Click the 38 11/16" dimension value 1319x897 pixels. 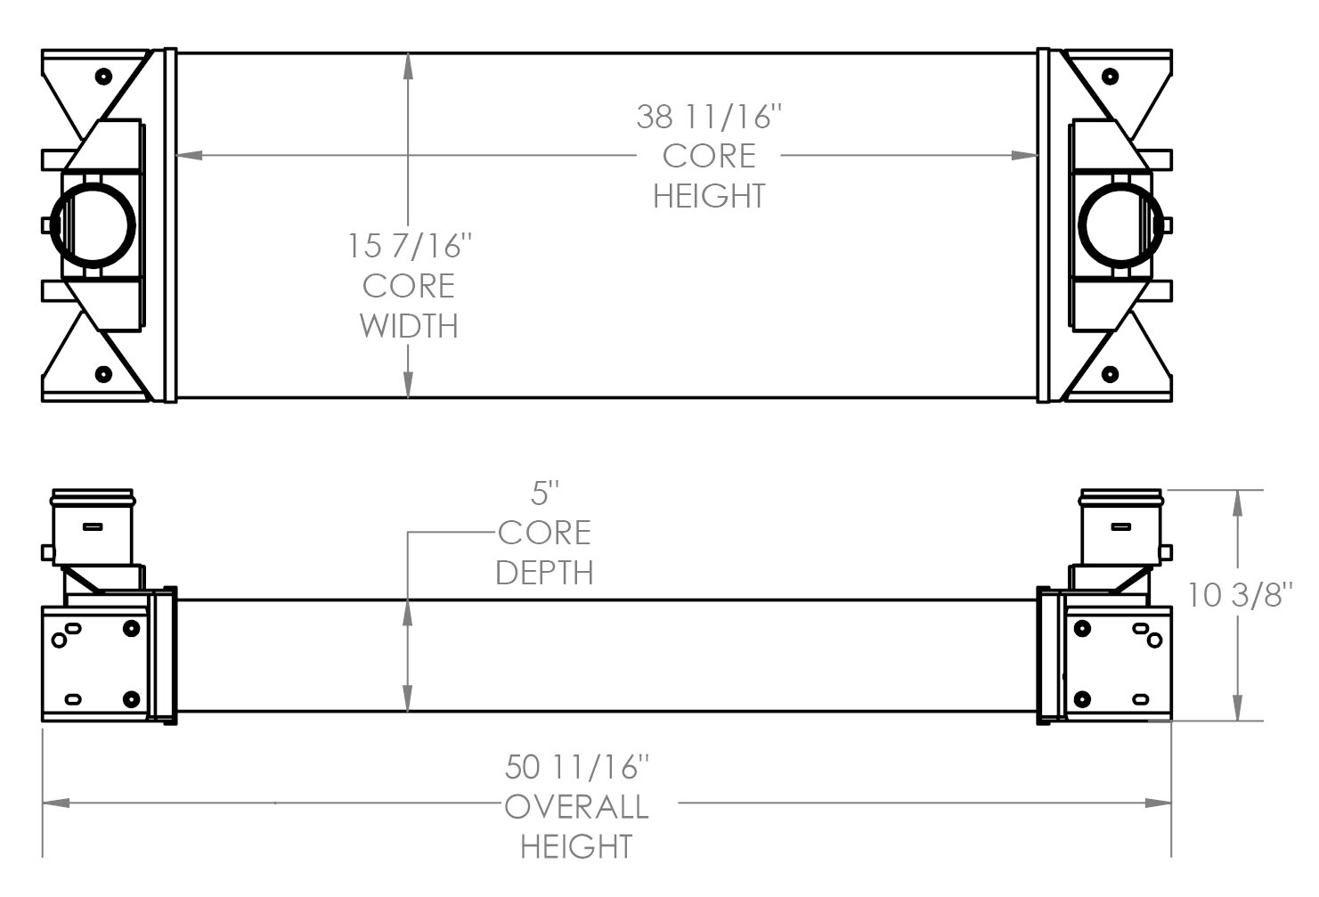(x=709, y=117)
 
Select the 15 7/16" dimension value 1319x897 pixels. (x=409, y=246)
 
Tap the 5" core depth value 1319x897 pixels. (x=544, y=492)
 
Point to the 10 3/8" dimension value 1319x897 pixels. (x=1239, y=594)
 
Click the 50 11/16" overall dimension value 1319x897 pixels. (x=576, y=766)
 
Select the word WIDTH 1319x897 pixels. (x=409, y=326)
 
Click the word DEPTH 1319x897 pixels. (x=544, y=573)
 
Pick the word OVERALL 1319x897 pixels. (x=576, y=807)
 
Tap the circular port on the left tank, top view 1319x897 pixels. (x=93, y=224)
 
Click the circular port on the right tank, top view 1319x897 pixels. (x=1120, y=224)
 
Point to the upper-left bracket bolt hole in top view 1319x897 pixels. (x=103, y=76)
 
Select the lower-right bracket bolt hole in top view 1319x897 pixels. (x=1110, y=374)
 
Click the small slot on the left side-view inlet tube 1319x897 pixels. (x=93, y=526)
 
